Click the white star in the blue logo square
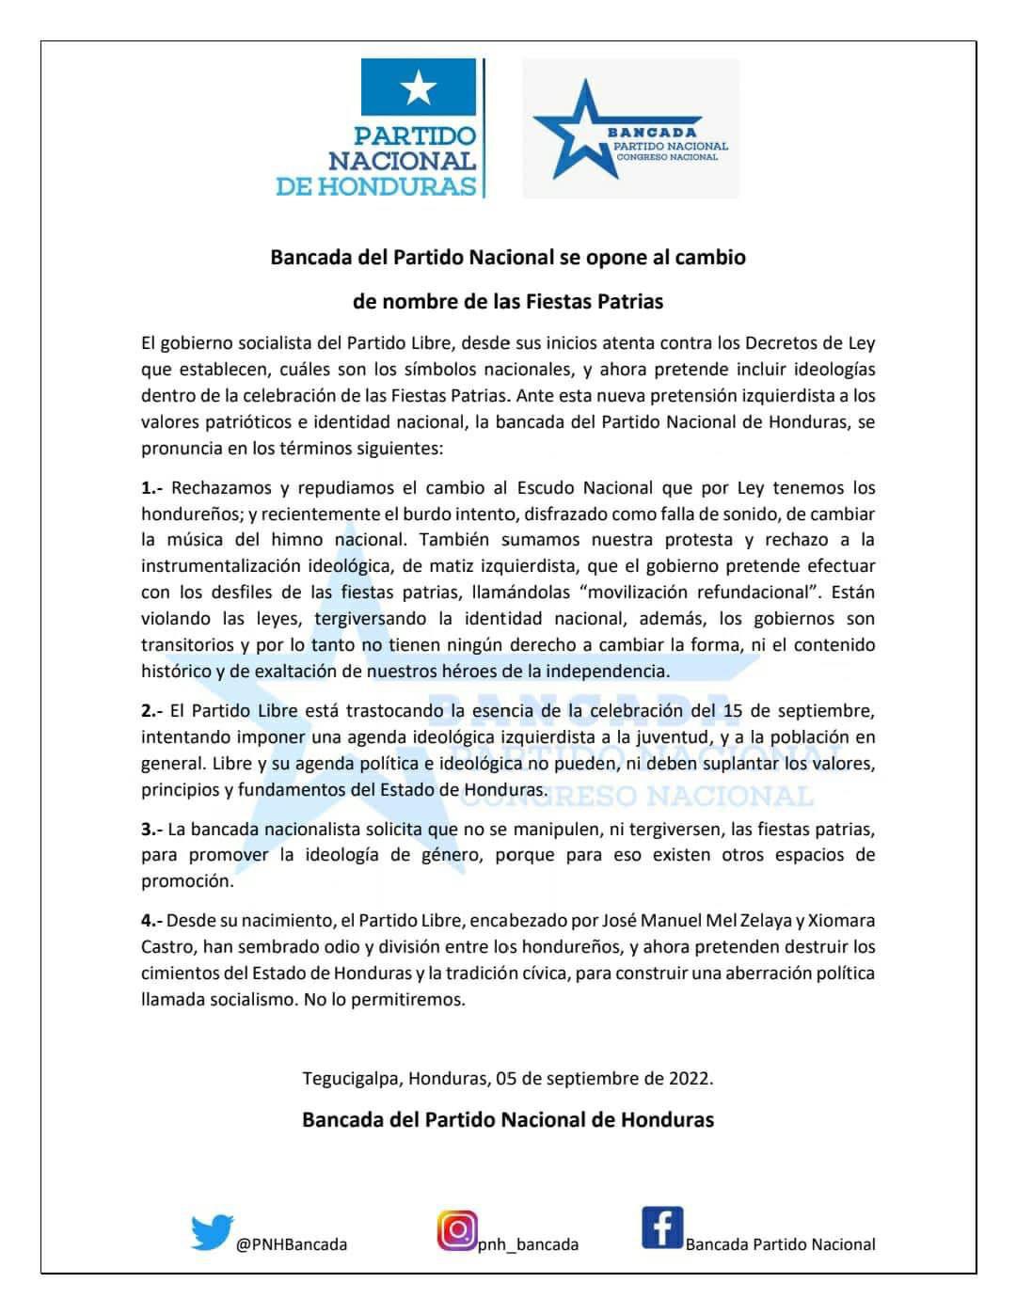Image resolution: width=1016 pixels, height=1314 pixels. (x=419, y=89)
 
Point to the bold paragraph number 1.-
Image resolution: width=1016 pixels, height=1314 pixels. (x=152, y=488)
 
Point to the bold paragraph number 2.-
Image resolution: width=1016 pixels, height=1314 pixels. (x=152, y=711)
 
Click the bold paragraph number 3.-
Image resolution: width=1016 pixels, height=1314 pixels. (x=152, y=830)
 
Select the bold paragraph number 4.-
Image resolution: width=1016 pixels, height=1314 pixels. (x=152, y=921)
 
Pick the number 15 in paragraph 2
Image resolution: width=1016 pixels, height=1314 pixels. (x=732, y=711)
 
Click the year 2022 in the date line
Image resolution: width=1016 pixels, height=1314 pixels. (x=691, y=1078)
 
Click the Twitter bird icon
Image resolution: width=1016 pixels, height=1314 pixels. (x=212, y=1232)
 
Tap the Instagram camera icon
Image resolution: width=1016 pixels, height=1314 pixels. (x=457, y=1230)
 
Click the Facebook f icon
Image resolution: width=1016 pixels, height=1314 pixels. (x=662, y=1228)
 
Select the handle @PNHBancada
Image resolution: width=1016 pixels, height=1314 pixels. (x=292, y=1244)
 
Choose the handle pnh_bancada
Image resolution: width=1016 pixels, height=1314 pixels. (x=529, y=1244)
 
